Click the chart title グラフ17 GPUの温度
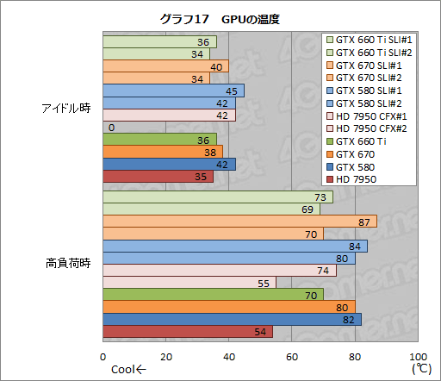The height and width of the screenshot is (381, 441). point(220,18)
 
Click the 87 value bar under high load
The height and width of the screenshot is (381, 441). point(239,222)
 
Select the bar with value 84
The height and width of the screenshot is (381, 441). point(234,247)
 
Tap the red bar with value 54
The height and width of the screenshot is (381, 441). point(187,331)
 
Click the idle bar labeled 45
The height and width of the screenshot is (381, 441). point(173,91)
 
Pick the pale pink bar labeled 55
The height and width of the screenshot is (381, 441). point(189,283)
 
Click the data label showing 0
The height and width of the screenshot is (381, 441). point(112,128)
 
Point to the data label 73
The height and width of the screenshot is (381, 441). point(329,197)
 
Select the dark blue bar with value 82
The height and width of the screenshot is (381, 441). point(232,319)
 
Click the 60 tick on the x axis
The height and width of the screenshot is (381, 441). point(292,357)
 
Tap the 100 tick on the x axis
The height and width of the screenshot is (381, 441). point(417,357)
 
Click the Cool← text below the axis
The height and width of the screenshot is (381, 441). point(128,371)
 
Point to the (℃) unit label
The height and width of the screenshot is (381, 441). point(419,370)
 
